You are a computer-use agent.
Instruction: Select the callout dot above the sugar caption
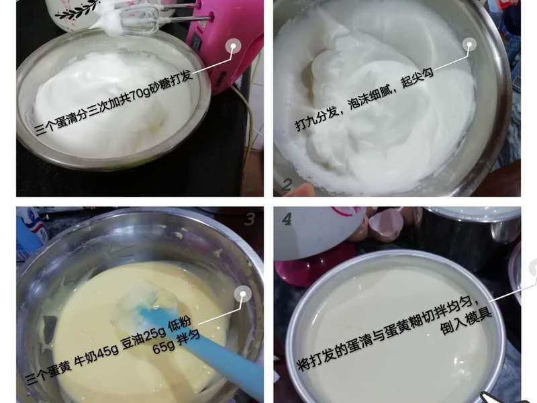coord(233,46)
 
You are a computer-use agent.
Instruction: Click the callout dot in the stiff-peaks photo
coord(469,44)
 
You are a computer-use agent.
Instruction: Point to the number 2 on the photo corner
coord(287,185)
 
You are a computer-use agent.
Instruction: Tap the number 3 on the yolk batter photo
coord(250,220)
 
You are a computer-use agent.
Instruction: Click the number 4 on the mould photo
coord(287,220)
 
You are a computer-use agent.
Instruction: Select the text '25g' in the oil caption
coord(155,334)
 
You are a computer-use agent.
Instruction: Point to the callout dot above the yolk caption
coord(242,294)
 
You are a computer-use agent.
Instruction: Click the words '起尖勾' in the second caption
coord(417,78)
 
